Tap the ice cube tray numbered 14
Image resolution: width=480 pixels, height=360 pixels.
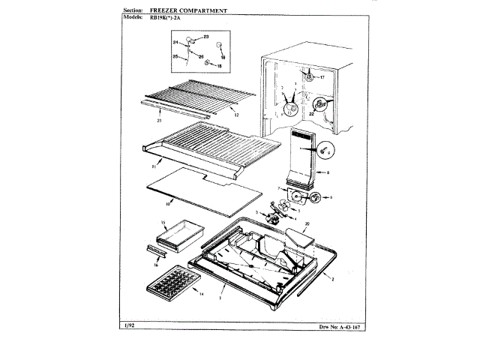163,285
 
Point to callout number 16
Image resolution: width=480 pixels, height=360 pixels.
156,265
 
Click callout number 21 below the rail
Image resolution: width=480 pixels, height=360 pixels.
159,120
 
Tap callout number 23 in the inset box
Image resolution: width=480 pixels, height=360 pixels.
206,36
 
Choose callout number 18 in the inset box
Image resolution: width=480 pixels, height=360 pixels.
218,67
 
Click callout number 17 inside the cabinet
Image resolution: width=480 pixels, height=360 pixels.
322,77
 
